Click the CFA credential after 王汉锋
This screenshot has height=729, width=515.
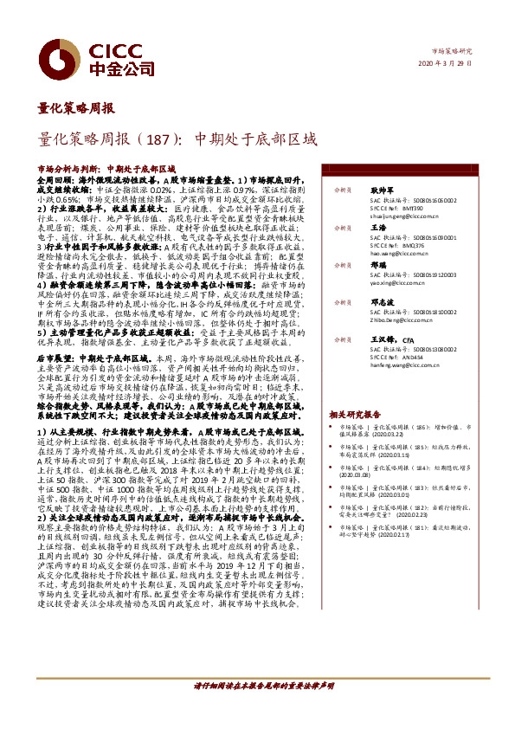(x=409, y=341)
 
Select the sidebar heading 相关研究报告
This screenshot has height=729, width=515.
(x=353, y=415)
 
